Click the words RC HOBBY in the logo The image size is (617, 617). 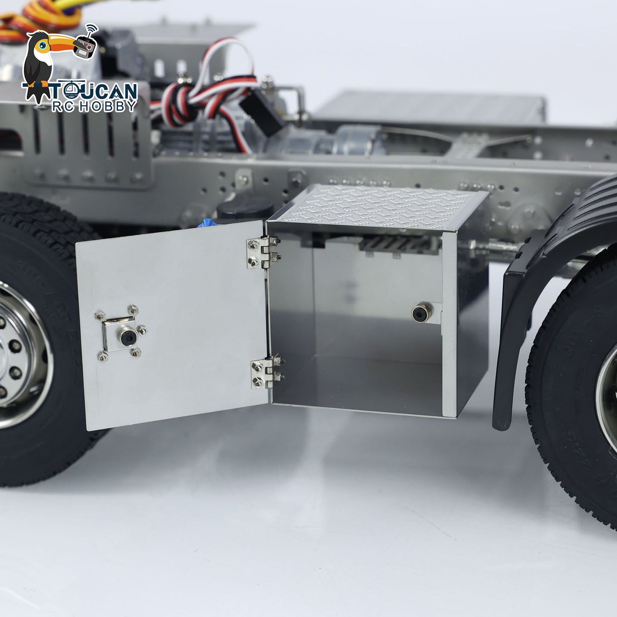click(x=94, y=107)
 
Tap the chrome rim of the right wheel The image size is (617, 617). click(x=606, y=397)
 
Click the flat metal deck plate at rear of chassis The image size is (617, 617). click(x=431, y=107)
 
